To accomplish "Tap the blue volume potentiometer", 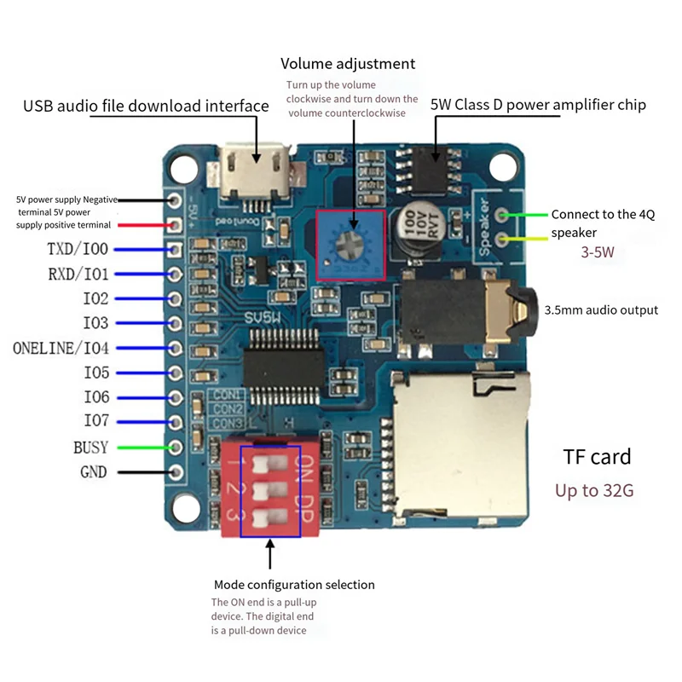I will pyautogui.click(x=350, y=244).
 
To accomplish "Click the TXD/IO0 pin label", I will pyautogui.click(x=78, y=250).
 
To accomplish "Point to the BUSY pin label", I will pyautogui.click(x=90, y=447).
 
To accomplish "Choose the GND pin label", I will pyautogui.click(x=93, y=471).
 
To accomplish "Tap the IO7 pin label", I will pyautogui.click(x=95, y=421).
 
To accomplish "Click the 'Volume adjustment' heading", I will pyautogui.click(x=348, y=64).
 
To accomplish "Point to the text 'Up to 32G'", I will pyautogui.click(x=594, y=491).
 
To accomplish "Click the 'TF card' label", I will pyautogui.click(x=597, y=457).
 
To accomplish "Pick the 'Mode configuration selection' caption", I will pyautogui.click(x=294, y=585).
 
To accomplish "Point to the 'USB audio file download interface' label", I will pyautogui.click(x=146, y=106).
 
